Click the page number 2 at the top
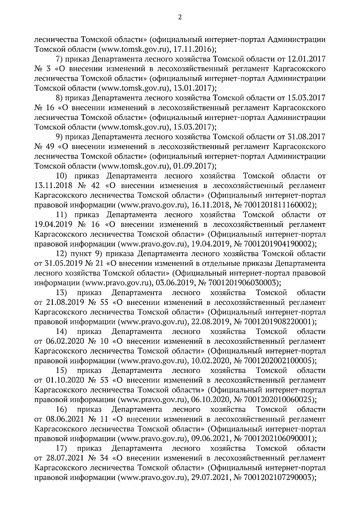click(x=180, y=17)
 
